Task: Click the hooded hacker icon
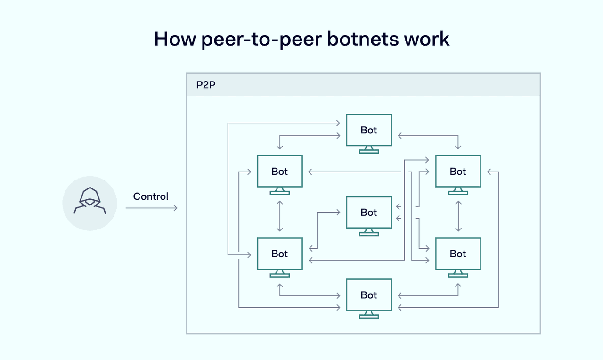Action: point(90,201)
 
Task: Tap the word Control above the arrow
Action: point(151,196)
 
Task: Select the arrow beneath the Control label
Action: point(151,208)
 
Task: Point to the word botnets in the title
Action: point(356,39)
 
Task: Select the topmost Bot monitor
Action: point(369,130)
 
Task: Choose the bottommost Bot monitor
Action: point(369,295)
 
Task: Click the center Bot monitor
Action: point(369,213)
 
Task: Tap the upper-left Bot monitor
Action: point(280,172)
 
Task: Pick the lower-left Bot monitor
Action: point(280,254)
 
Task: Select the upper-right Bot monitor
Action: point(458,172)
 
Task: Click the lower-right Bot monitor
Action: point(458,254)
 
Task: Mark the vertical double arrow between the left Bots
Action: point(280,216)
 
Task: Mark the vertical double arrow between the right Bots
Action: point(458,216)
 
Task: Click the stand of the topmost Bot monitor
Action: point(369,150)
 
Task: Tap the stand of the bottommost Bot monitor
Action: point(369,315)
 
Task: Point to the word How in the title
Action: point(174,39)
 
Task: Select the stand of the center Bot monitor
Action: point(369,232)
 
